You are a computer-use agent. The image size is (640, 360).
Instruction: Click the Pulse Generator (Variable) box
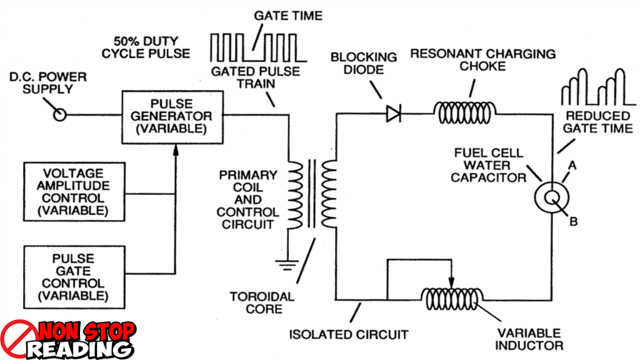coord(172,116)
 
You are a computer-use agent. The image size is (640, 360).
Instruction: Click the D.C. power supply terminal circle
coord(59,115)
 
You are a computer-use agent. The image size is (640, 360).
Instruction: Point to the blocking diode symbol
coord(394,114)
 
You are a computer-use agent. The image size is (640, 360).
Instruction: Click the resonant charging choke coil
coord(466,112)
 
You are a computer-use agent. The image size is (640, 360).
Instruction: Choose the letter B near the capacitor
coord(573,220)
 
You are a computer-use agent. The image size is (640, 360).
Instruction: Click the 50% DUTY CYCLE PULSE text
coord(146,47)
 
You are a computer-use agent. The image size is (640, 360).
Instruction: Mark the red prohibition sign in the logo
coord(19,340)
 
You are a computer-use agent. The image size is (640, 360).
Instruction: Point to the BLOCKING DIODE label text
coord(364,63)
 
